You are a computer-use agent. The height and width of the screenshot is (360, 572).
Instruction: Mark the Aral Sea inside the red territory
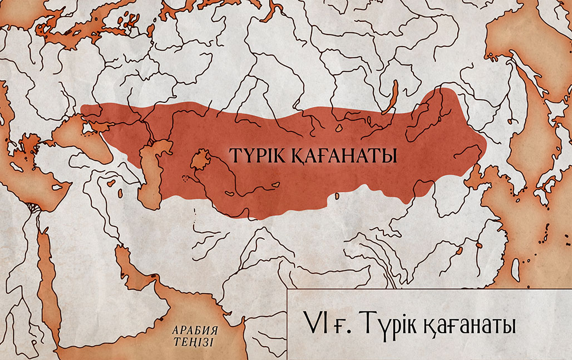pos(200,160)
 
